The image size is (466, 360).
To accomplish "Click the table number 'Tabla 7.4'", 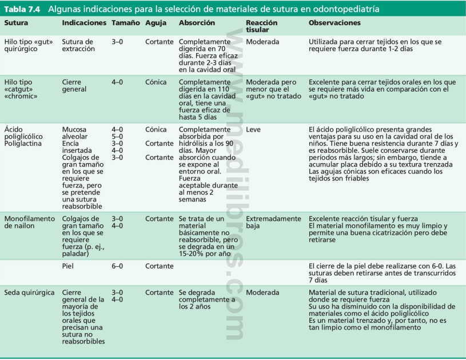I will (x=22, y=10).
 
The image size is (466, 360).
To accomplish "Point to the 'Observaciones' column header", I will (x=334, y=23).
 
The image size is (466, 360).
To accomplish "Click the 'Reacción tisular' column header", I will (x=261, y=26).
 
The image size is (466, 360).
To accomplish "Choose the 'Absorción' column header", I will (x=197, y=23).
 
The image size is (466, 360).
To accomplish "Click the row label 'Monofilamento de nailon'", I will (x=29, y=222).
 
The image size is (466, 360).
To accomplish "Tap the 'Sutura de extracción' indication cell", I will (x=77, y=46).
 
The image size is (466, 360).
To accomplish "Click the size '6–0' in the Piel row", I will (x=117, y=266).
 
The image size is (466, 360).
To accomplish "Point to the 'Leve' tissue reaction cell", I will (x=253, y=129).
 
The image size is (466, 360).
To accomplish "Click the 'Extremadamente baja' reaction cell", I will (x=273, y=222).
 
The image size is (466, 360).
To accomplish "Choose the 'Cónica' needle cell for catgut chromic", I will (x=156, y=82).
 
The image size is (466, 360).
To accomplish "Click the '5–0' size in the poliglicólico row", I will (x=117, y=136).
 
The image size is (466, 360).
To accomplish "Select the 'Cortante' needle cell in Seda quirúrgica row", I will (x=160, y=292).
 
